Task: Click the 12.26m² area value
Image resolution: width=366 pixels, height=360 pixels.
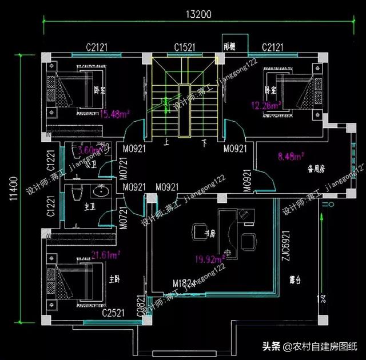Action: (266, 105)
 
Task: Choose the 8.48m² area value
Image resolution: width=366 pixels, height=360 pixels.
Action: (291, 155)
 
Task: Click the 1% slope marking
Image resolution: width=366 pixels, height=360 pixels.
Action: (322, 298)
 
